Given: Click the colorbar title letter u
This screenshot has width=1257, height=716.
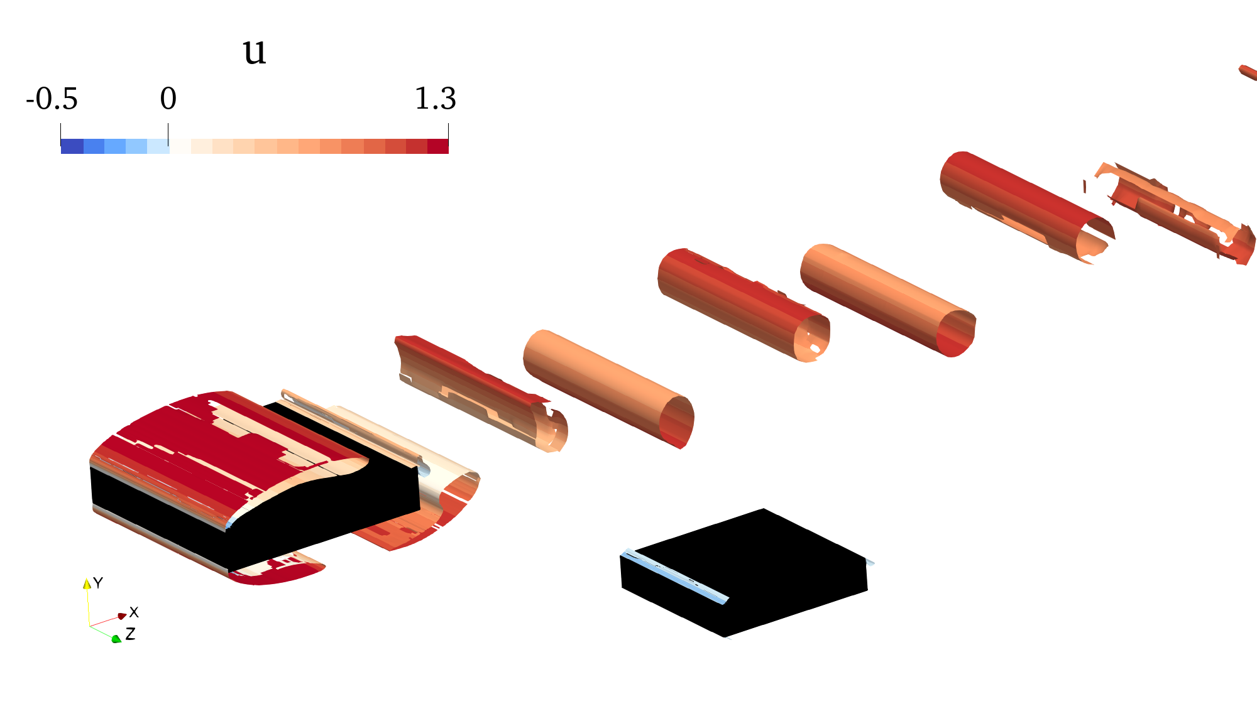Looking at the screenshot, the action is point(255,52).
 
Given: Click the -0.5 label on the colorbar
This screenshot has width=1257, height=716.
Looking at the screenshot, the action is point(52,99).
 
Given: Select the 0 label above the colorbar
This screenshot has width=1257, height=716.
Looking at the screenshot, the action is point(168,99).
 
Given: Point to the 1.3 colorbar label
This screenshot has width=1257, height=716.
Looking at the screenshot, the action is point(435,99).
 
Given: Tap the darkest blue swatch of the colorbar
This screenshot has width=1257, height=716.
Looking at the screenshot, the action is point(72,146).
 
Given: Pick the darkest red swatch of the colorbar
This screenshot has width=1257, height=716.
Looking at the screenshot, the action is point(438,146).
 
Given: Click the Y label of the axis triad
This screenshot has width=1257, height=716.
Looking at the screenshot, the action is point(98,583).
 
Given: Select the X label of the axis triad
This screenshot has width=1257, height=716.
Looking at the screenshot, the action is point(134,612).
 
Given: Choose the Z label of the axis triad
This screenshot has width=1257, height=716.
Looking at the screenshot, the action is point(130,634).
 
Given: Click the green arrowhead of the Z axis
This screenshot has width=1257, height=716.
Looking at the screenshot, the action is point(116,639).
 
